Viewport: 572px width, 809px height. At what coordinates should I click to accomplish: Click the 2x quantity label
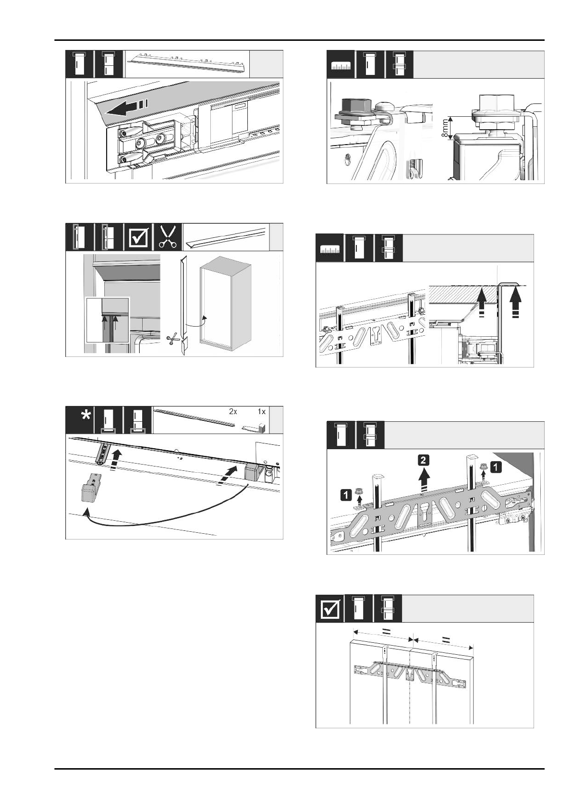(232, 412)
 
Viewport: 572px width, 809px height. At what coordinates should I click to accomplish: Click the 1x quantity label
(261, 412)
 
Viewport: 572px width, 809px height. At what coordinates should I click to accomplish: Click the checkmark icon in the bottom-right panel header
(332, 608)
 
